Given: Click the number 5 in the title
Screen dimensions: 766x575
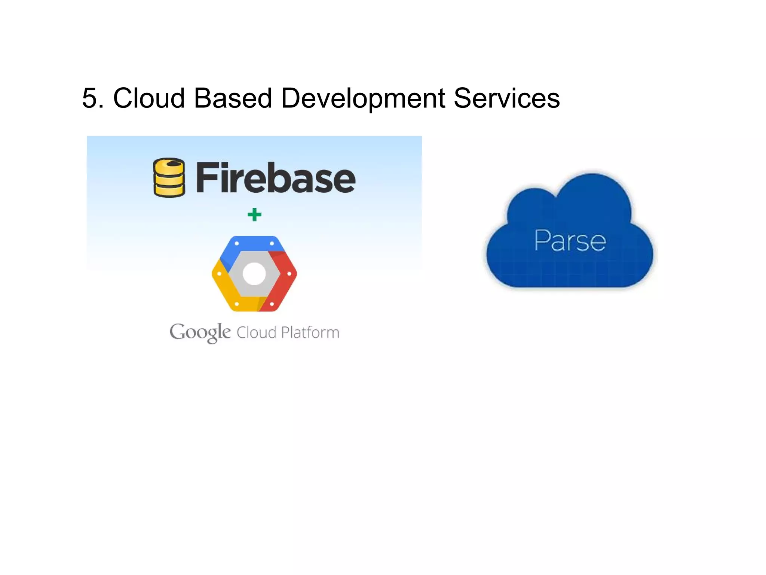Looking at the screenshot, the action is coord(92,98).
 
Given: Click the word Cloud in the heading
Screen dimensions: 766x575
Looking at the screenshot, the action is coord(149,98).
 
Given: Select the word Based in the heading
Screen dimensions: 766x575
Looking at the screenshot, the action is coord(233,98).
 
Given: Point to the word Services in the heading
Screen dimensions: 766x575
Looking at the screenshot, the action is coord(506,98).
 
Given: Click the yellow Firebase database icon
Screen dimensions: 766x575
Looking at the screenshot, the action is coord(169,178).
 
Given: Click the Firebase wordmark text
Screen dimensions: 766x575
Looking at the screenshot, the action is coord(276,178).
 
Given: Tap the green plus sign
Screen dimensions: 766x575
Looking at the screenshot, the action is coord(254,215).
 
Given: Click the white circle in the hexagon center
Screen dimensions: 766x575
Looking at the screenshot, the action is coord(254,274).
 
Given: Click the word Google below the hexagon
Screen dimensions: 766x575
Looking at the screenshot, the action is coord(200,332).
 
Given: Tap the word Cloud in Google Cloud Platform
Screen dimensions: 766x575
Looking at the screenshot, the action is coord(256,332).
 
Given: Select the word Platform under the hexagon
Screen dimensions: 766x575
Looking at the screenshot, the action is coord(310,332).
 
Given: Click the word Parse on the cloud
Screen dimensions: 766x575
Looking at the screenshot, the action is coord(570,240).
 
